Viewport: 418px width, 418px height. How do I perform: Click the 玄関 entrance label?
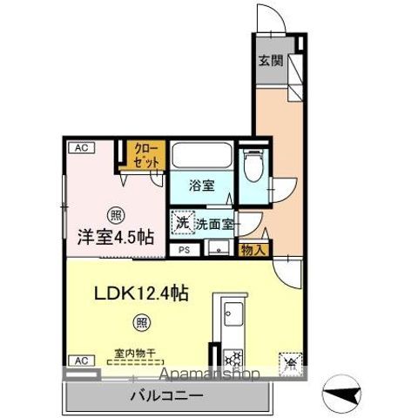tap(270, 61)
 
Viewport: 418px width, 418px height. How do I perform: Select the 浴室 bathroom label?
tap(202, 185)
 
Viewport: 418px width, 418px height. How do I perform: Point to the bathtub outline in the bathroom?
tap(201, 157)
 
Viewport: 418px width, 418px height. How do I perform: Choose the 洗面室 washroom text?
tap(214, 224)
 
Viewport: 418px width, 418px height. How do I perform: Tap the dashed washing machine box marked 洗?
tap(183, 223)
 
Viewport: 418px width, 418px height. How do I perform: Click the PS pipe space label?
tap(184, 251)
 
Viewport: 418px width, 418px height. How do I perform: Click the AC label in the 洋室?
tap(80, 148)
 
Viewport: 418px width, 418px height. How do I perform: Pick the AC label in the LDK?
tap(79, 360)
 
